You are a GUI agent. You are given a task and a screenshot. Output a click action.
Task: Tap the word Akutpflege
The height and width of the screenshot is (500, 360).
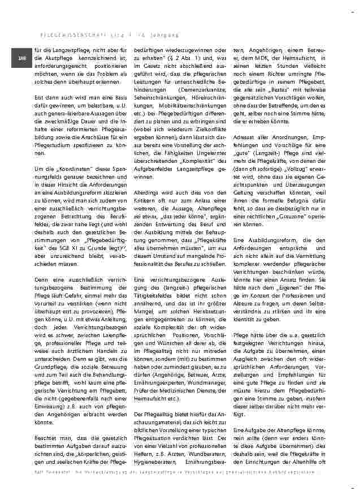[x=60, y=58]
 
